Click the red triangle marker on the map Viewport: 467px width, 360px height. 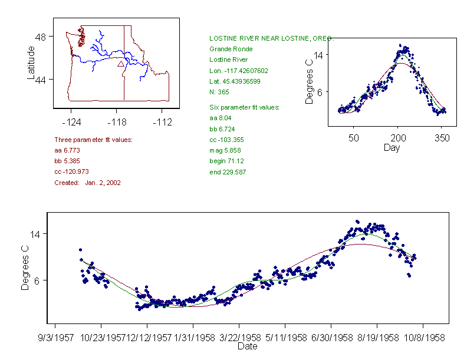tap(120, 64)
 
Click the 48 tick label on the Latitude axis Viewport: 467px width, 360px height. tap(42, 37)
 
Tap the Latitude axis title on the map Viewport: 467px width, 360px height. tap(31, 63)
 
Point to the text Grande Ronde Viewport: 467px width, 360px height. tap(231, 49)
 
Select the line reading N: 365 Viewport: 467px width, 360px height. tap(219, 92)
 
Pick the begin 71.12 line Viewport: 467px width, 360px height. tap(226, 161)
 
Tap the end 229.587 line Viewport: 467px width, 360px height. tap(228, 172)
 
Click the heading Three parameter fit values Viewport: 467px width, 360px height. tap(93, 140)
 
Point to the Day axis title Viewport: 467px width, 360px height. tap(391, 148)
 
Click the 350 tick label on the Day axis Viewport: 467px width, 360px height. tap(442, 138)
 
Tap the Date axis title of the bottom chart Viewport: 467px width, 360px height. tap(247, 346)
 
